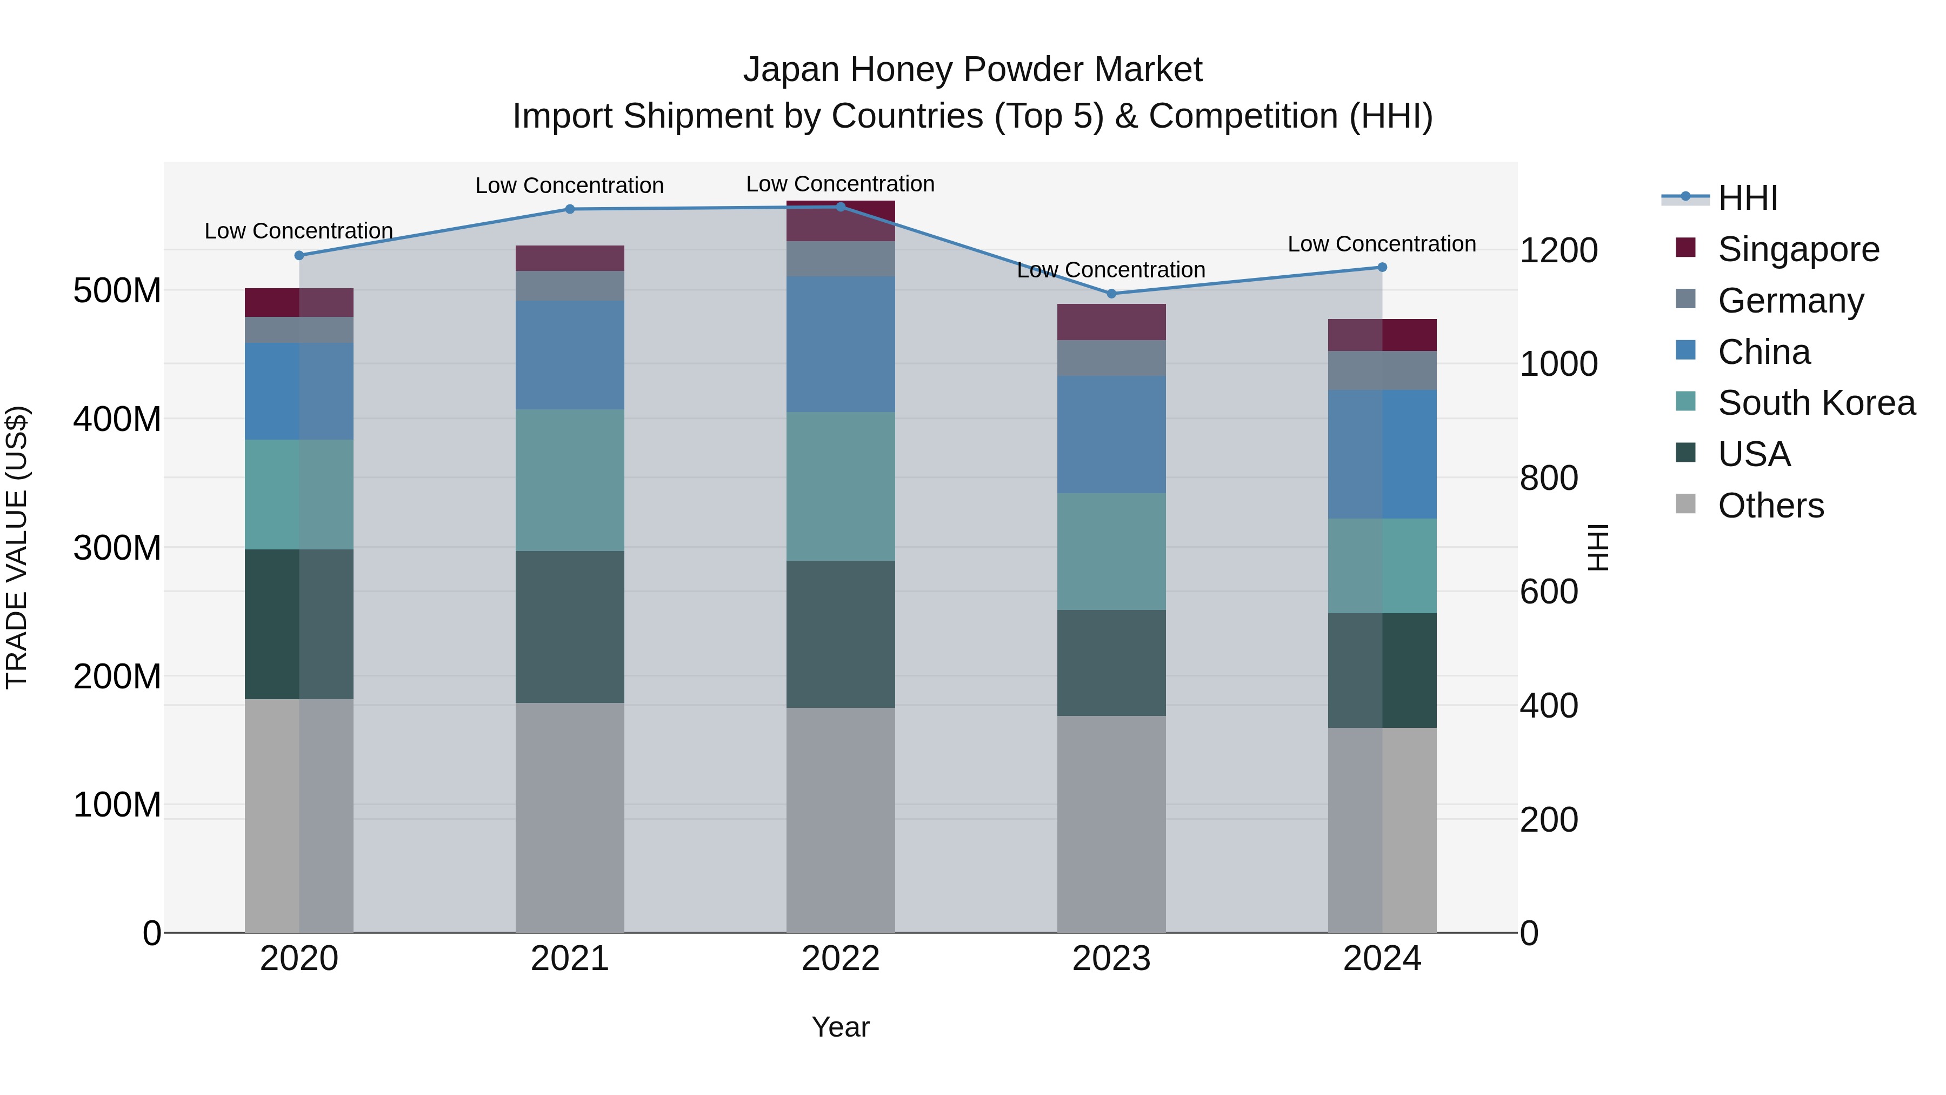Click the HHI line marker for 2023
pyautogui.click(x=1111, y=293)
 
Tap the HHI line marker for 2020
pyautogui.click(x=299, y=255)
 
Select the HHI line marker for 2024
pyautogui.click(x=1382, y=267)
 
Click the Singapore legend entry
pyautogui.click(x=1798, y=249)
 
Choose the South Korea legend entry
pyautogui.click(x=1816, y=403)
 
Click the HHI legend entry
pyautogui.click(x=1747, y=198)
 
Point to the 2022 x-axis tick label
pyautogui.click(x=840, y=959)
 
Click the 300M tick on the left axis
pyautogui.click(x=117, y=547)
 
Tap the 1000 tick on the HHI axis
pyautogui.click(x=1558, y=364)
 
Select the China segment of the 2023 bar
pyautogui.click(x=1111, y=435)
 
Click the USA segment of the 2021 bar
pyautogui.click(x=570, y=627)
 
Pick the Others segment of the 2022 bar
pyautogui.click(x=840, y=820)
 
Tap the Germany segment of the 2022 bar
pyautogui.click(x=840, y=258)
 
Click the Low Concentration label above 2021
pyautogui.click(x=570, y=185)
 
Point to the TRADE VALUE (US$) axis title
pyautogui.click(x=17, y=547)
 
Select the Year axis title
pyautogui.click(x=840, y=1027)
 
